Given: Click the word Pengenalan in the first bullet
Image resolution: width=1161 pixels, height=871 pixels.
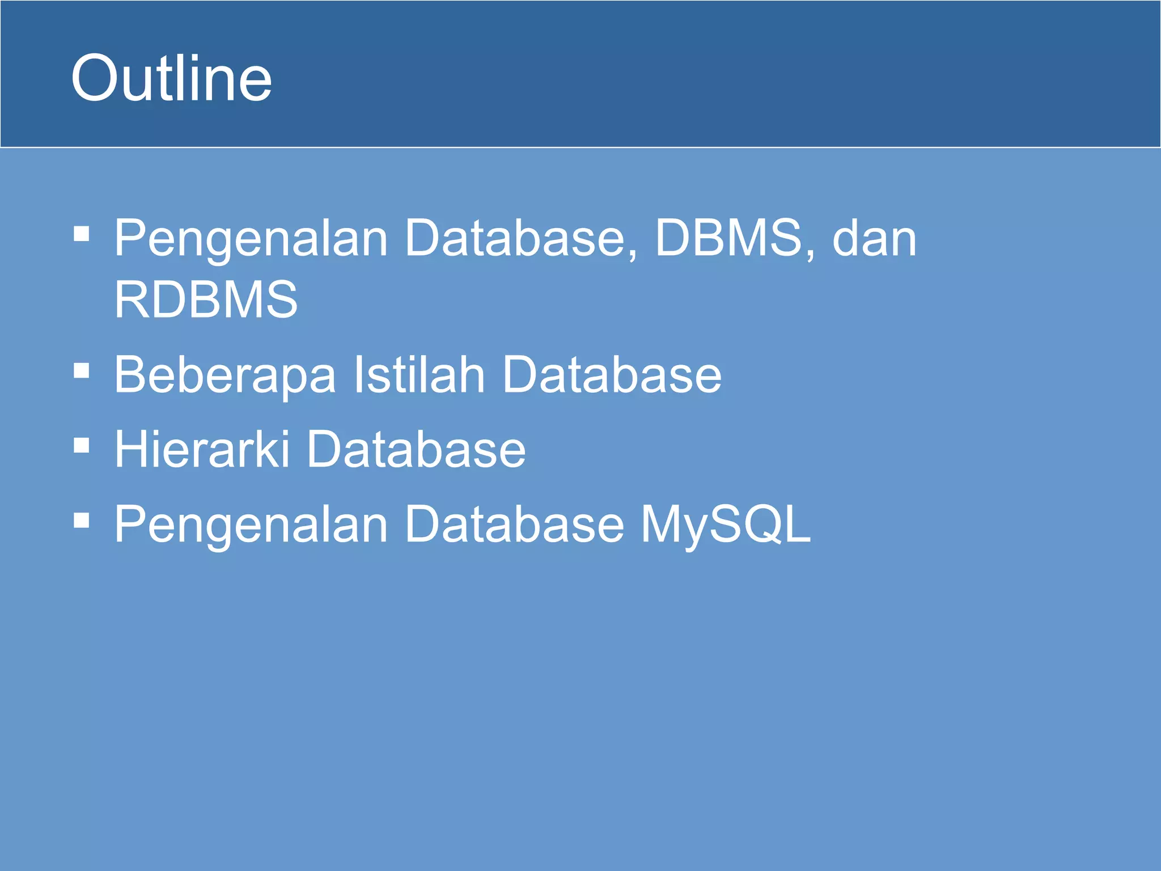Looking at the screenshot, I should click(x=251, y=238).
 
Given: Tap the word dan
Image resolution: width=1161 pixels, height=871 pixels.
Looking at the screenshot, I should click(x=874, y=238).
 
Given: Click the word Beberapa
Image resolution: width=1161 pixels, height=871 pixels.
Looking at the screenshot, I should click(x=225, y=374).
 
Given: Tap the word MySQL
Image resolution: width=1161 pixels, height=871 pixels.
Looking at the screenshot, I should click(x=726, y=525).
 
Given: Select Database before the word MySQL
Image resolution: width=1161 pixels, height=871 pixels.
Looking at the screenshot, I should click(x=514, y=524).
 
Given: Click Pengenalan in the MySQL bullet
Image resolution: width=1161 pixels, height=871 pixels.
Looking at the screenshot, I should click(x=251, y=525).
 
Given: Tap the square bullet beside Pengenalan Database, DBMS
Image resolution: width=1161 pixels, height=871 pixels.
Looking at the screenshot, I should click(x=82, y=233).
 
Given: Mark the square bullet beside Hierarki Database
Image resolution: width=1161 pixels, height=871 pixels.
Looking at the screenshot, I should click(x=82, y=445).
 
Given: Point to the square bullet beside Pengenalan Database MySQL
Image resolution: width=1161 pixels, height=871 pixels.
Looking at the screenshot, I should click(x=82, y=520).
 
